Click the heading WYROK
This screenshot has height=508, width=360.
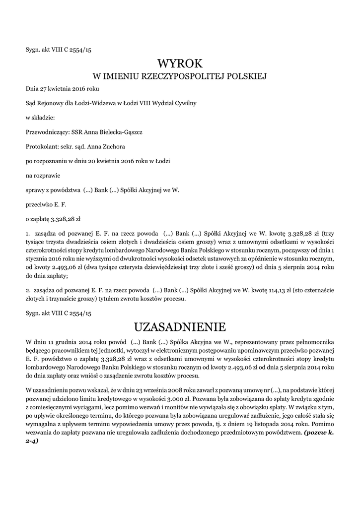(180, 63)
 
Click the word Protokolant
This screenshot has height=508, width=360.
(41, 147)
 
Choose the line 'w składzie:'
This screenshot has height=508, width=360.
(40, 118)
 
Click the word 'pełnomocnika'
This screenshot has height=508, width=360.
(315, 342)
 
